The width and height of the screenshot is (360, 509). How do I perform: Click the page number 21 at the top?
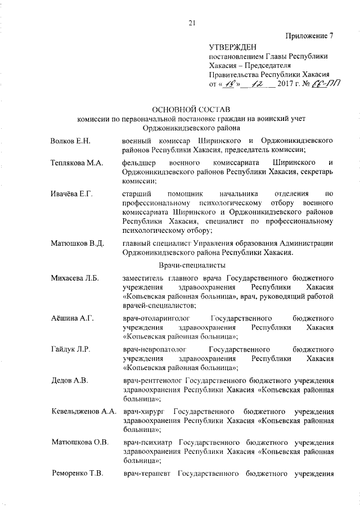click(x=191, y=23)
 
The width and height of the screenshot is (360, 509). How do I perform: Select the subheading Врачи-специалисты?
click(x=192, y=264)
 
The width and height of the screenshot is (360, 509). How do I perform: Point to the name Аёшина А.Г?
click(x=71, y=318)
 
